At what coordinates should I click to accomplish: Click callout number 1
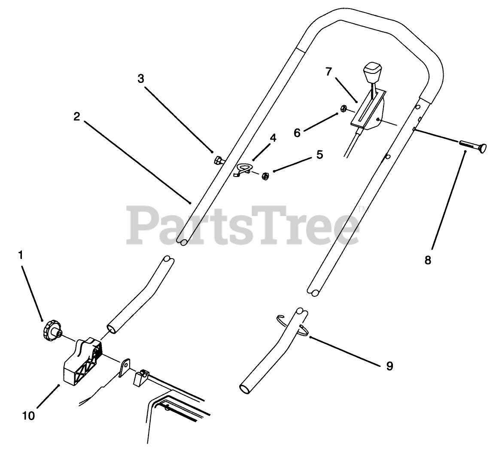[20, 255]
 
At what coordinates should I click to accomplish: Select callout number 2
[76, 116]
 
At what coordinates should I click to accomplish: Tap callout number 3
[141, 78]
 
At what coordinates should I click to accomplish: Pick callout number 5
[320, 154]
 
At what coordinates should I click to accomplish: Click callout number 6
[297, 133]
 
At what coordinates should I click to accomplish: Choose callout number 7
[329, 72]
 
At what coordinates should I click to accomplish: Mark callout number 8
[427, 260]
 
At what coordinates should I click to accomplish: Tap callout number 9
[389, 366]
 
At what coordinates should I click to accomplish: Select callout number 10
[29, 415]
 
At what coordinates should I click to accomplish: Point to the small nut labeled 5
[265, 176]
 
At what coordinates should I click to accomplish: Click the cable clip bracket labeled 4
[246, 169]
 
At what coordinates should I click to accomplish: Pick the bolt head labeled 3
[218, 161]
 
